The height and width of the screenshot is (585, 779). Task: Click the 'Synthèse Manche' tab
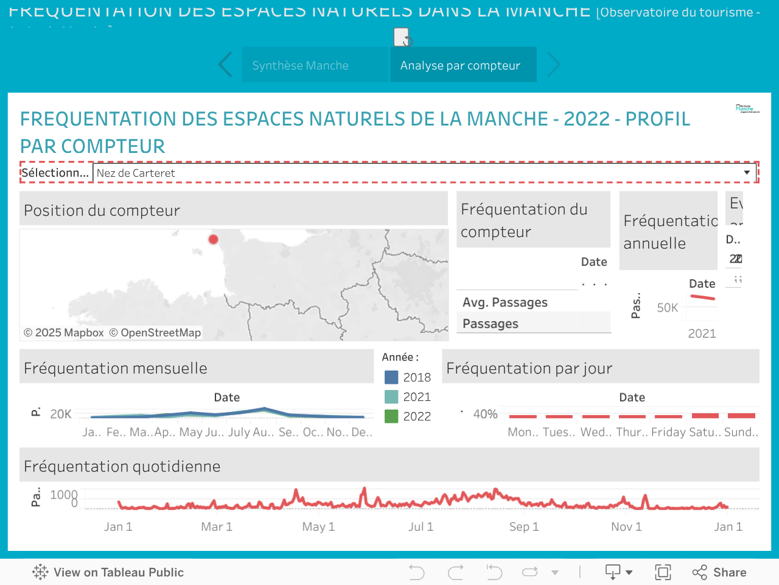coord(301,65)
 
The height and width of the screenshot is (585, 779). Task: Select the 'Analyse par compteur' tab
coord(460,65)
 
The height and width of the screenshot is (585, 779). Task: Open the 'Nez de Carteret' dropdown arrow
coord(747,173)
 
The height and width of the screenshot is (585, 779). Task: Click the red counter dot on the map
coord(213,239)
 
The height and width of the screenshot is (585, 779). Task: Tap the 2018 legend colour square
coord(391,377)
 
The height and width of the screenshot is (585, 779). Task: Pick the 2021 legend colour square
coord(391,397)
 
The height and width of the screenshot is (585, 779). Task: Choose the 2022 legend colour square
coord(391,416)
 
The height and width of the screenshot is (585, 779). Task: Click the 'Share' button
coord(719,572)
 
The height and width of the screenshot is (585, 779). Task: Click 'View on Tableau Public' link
coord(108,572)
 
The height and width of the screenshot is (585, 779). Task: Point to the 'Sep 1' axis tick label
coord(524,526)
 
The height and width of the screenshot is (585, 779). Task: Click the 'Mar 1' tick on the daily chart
coord(217,526)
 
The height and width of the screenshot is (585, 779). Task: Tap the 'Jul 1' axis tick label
coord(421,526)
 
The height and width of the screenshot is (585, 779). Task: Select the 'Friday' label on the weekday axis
coord(668,432)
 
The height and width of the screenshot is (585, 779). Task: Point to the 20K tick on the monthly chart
coord(61,414)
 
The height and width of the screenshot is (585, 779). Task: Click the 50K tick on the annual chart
coord(667,308)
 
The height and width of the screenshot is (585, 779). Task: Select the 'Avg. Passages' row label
coord(505,302)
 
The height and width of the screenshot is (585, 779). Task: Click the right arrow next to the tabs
coord(553,65)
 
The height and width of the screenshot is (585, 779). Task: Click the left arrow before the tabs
coord(225,65)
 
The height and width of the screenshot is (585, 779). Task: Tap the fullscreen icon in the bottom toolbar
coord(663,572)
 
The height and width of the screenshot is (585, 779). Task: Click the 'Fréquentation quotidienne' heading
coord(122,466)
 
